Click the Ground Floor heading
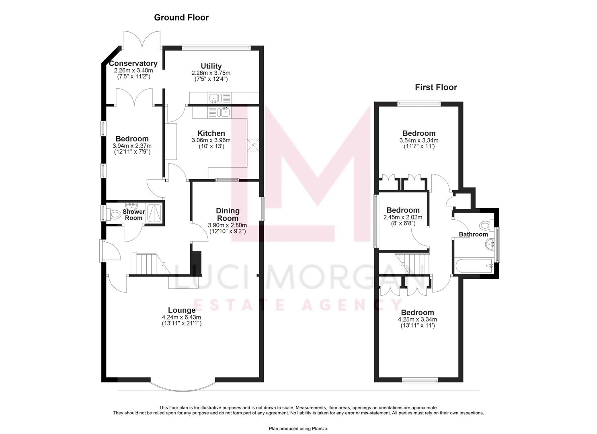(181, 17)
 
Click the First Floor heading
(436, 87)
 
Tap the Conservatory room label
(133, 63)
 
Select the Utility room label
(211, 66)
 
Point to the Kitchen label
(211, 133)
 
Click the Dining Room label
(228, 214)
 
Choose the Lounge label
(182, 310)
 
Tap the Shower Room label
(134, 215)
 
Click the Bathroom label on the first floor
(473, 234)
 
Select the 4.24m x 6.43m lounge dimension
(182, 317)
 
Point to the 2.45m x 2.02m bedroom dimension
(403, 217)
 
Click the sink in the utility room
(214, 98)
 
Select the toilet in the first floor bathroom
(485, 224)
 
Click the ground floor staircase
(147, 264)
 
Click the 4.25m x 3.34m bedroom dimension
(417, 319)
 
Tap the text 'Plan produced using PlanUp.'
(298, 429)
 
